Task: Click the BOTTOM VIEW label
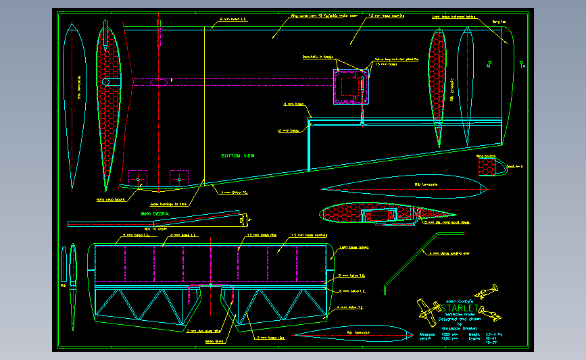[238, 156]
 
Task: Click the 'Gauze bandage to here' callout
[164, 203]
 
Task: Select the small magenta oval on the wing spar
[160, 82]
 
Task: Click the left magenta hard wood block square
[137, 178]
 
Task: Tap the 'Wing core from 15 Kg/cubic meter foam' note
[314, 16]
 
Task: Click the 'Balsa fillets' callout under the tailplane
[215, 341]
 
